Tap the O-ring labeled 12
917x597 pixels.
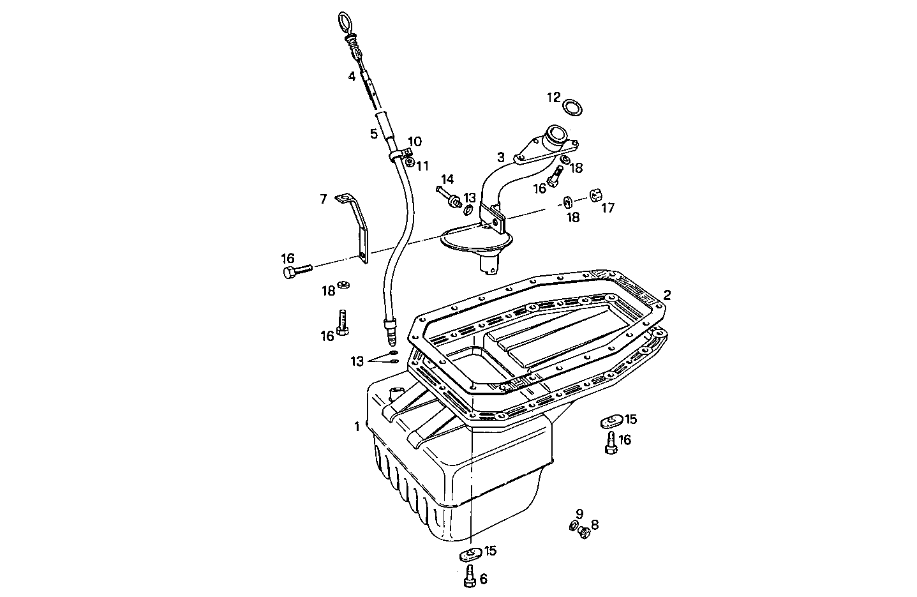coord(574,108)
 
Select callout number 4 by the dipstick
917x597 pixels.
coord(351,77)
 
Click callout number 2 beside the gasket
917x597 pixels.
coord(667,295)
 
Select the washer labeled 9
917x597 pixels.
coord(572,525)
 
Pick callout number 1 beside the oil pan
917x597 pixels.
coord(357,426)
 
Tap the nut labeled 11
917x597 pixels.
coord(410,162)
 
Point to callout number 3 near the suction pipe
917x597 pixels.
coord(501,156)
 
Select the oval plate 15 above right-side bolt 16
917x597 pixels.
coord(611,421)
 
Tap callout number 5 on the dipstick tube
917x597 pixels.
coord(373,134)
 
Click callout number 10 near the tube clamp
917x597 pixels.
coord(415,141)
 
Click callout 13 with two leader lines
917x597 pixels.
coord(357,361)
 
